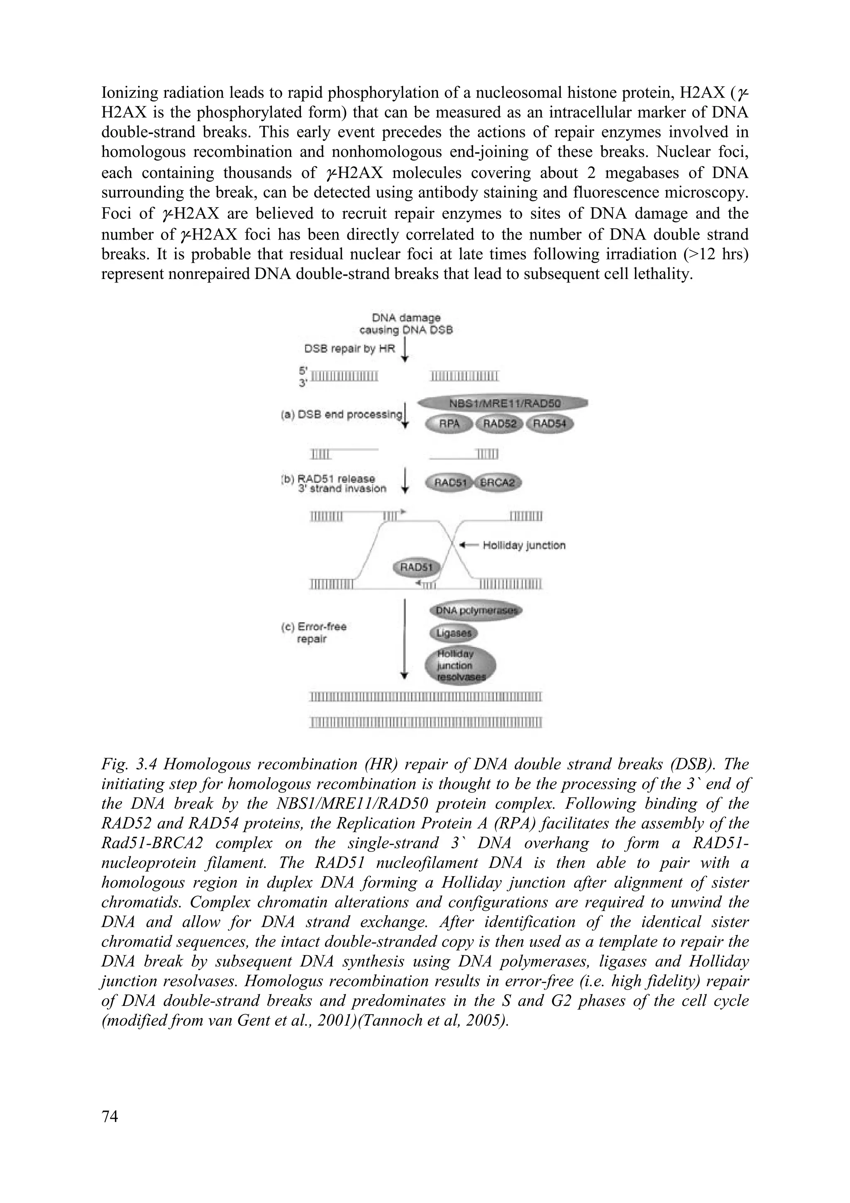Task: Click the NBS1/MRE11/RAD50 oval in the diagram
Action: pyautogui.click(x=502, y=404)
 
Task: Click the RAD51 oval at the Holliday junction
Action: pyautogui.click(x=417, y=567)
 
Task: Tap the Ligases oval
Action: pyautogui.click(x=454, y=633)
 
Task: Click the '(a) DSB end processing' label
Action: pyautogui.click(x=342, y=414)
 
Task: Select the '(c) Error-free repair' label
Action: pyautogui.click(x=314, y=632)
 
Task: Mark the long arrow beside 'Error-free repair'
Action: pyautogui.click(x=404, y=639)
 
